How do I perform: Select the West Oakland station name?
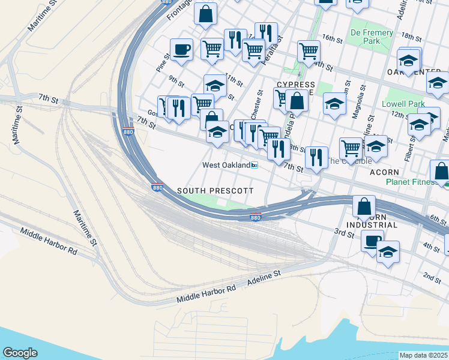pos(226,165)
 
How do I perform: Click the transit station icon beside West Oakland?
pos(255,166)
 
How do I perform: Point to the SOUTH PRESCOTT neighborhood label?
pos(215,190)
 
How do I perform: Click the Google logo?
pos(20,353)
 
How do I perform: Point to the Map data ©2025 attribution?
pos(423,355)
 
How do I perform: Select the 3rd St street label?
pos(344,231)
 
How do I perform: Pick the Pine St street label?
pos(163,64)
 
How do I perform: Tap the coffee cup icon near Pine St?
pos(181,50)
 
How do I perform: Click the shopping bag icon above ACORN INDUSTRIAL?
pos(364,206)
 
